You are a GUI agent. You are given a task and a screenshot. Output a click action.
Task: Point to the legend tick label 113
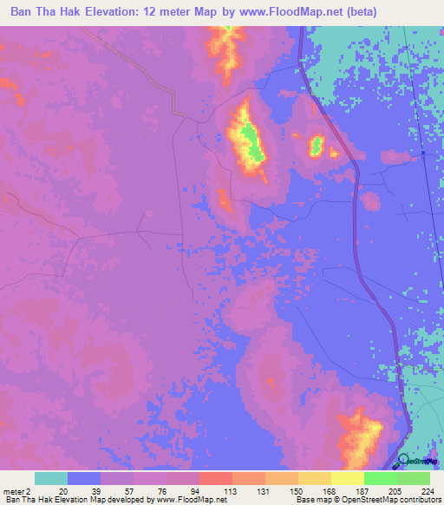click(x=232, y=490)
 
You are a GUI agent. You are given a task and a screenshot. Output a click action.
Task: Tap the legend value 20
click(x=62, y=490)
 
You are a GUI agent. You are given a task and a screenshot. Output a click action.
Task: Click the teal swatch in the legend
click(x=51, y=478)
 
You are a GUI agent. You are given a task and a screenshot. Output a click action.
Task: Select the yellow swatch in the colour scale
click(x=347, y=478)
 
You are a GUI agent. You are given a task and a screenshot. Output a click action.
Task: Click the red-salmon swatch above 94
click(x=215, y=478)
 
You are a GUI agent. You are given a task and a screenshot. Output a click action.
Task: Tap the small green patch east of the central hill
click(x=317, y=144)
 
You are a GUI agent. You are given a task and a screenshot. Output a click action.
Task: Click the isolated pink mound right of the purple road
click(x=370, y=202)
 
